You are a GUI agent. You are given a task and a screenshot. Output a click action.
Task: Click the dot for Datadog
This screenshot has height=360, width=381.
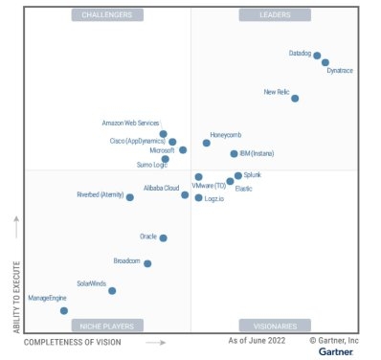pos(317,56)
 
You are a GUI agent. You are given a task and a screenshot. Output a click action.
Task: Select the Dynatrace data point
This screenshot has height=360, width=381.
pos(325,62)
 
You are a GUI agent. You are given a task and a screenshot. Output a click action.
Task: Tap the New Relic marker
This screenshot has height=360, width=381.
pos(295,98)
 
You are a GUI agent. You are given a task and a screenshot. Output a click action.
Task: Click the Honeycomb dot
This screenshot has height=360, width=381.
pos(206,143)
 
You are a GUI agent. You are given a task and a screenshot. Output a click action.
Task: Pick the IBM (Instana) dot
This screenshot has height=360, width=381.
pos(234,153)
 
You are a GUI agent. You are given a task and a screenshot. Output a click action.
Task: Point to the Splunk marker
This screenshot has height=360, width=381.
pos(238,176)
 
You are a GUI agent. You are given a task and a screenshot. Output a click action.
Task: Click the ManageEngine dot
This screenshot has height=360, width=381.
pos(64,310)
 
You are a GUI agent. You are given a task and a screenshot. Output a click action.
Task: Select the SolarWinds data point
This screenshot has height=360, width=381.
pos(112,290)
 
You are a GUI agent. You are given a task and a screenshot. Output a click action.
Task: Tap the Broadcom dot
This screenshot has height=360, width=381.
pos(147,263)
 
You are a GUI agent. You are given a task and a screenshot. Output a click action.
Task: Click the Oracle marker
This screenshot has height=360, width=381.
pos(163,237)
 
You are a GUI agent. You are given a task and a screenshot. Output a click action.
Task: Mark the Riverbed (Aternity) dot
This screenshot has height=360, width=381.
pos(130,197)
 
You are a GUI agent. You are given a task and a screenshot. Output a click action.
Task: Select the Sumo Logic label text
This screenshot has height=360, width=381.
pos(151,166)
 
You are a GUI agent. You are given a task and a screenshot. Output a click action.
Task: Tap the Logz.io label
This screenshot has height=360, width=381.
pos(216,198)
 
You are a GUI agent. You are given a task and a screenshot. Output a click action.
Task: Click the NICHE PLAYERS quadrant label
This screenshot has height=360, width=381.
pos(107,326)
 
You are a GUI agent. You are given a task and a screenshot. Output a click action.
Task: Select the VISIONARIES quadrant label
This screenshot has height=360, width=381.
pos(275,326)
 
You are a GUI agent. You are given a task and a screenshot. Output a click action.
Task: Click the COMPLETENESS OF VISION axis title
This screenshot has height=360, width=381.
pos(73,341)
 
